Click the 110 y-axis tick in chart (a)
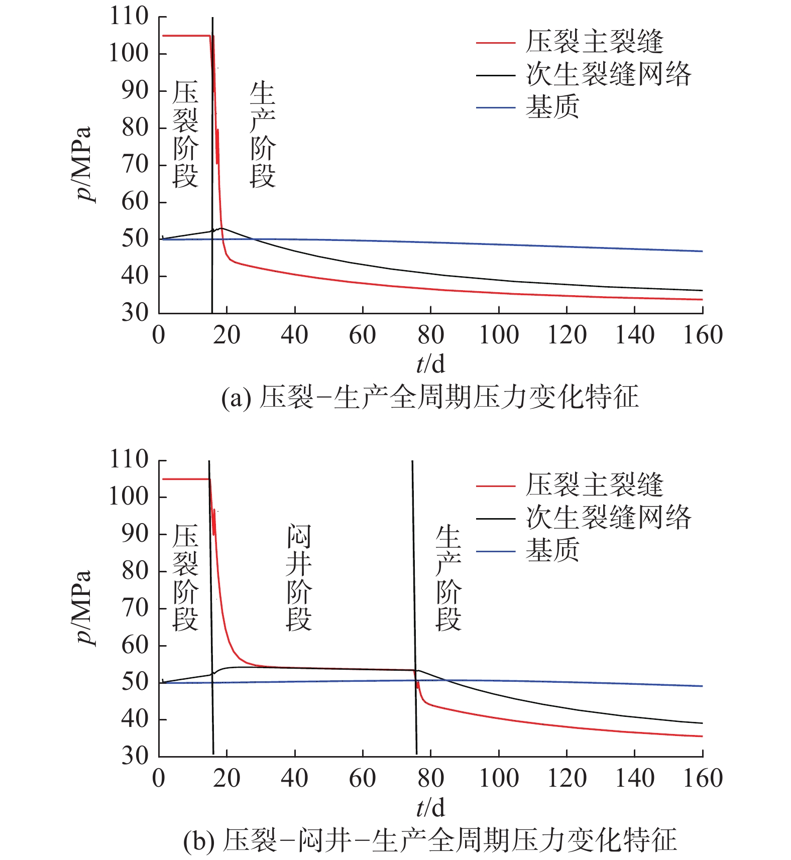[129, 17]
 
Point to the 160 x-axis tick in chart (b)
[703, 778]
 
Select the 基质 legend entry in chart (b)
[552, 550]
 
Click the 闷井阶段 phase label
[299, 577]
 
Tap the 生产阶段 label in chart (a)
[262, 135]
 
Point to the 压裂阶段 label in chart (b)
[185, 577]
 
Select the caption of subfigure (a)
[430, 398]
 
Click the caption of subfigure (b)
[430, 840]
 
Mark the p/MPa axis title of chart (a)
[83, 164]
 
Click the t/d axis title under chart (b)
[430, 808]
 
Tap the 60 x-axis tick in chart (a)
[363, 335]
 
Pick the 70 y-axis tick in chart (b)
[135, 608]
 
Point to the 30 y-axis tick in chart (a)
[135, 313]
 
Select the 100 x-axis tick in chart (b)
[499, 778]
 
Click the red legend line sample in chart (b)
[495, 486]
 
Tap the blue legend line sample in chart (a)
[495, 107]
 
